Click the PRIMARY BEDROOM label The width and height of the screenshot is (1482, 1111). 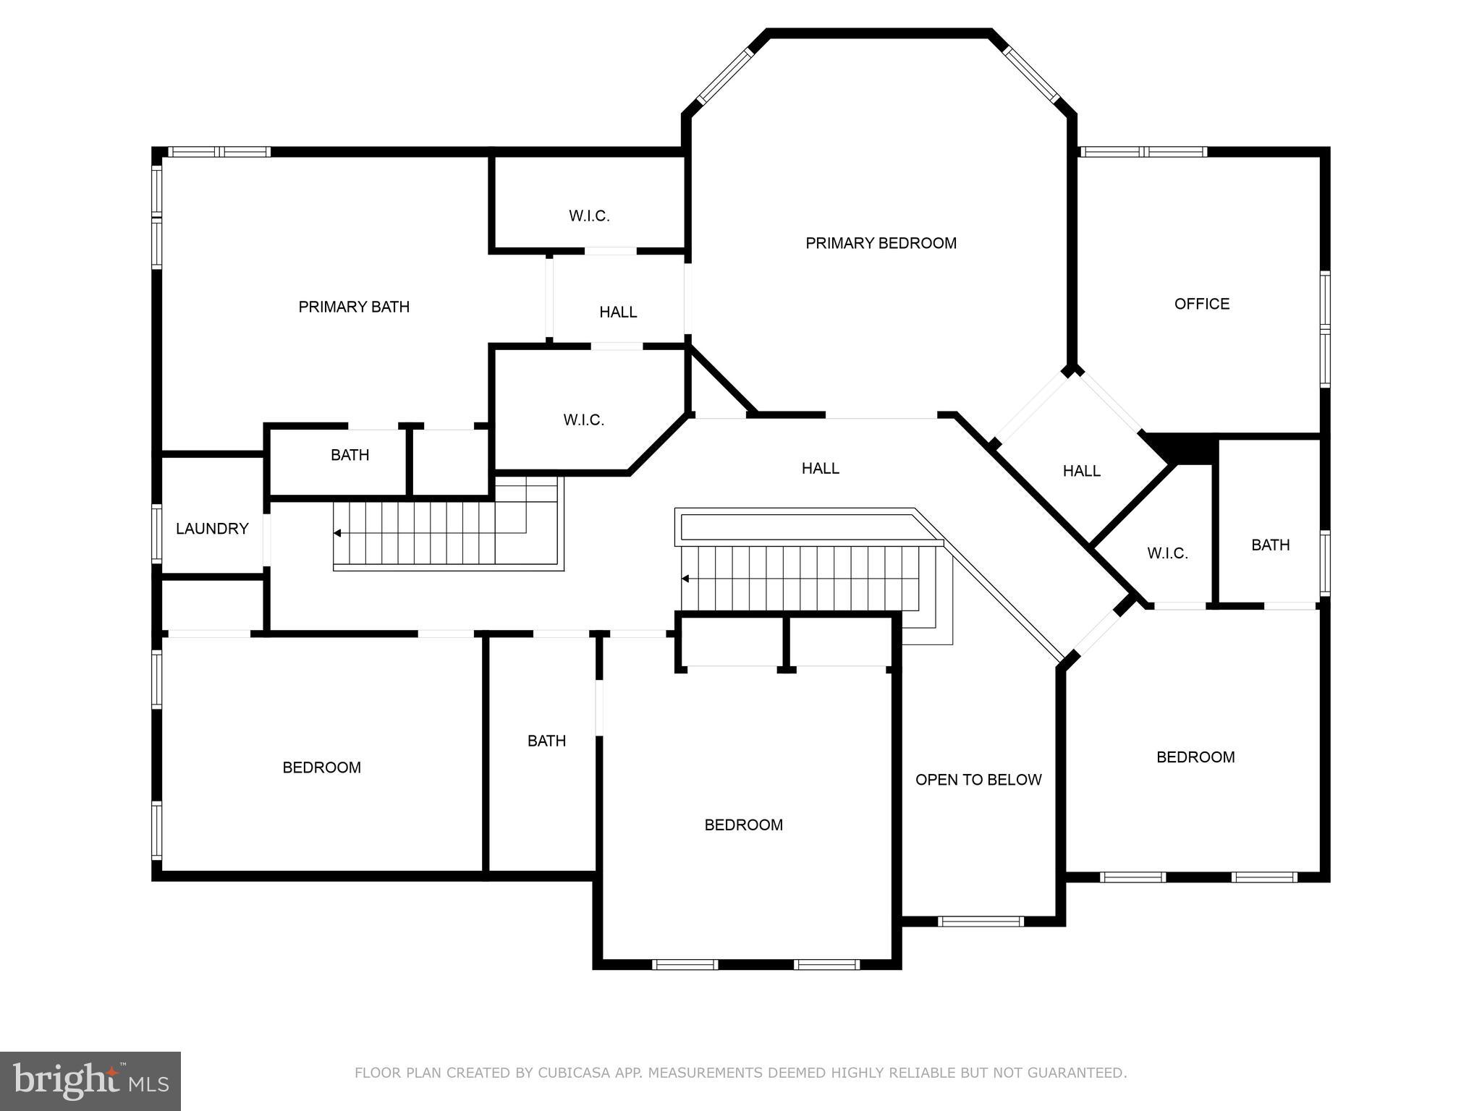click(x=881, y=243)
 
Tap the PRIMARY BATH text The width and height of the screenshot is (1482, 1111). click(x=354, y=307)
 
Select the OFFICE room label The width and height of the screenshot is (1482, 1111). click(x=1201, y=304)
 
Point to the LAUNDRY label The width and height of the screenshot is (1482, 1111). click(x=212, y=529)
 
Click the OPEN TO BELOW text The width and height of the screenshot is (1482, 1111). click(x=978, y=780)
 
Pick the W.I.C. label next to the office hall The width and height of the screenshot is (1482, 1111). click(x=1167, y=553)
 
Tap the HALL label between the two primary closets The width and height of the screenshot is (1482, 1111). click(x=618, y=312)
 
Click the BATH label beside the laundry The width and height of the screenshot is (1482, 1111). click(x=350, y=455)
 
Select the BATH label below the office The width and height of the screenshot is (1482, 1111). click(x=1270, y=545)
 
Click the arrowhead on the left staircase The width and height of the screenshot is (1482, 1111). click(x=337, y=533)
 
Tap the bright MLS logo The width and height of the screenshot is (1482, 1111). click(x=90, y=1081)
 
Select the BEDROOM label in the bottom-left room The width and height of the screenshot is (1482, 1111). click(x=321, y=767)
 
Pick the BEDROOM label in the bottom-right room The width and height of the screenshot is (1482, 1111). click(x=1195, y=757)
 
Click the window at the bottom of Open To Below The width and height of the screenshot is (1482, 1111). click(x=981, y=921)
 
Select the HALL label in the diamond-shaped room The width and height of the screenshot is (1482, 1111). click(x=1081, y=471)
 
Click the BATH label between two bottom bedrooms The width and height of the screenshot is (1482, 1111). click(x=546, y=741)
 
